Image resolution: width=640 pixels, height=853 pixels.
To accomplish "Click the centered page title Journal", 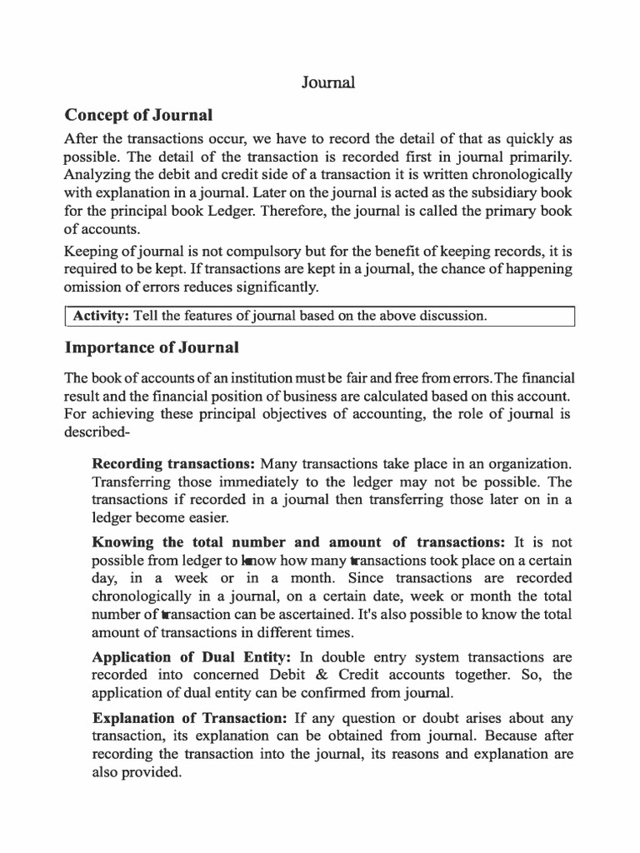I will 327,82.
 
